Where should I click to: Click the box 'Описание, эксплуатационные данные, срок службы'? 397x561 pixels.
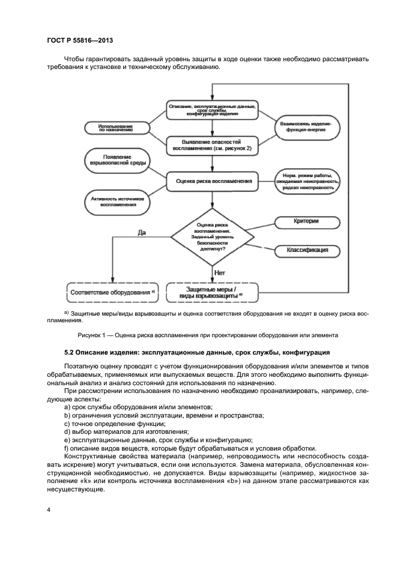(213, 110)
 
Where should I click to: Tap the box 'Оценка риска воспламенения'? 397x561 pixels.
(213, 179)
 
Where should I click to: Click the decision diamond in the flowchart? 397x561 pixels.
(213, 236)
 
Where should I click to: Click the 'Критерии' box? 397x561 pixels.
(305, 222)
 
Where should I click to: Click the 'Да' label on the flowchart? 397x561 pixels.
(142, 232)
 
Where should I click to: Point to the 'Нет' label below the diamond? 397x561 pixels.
(220, 272)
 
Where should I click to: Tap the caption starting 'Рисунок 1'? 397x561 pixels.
(208, 335)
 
